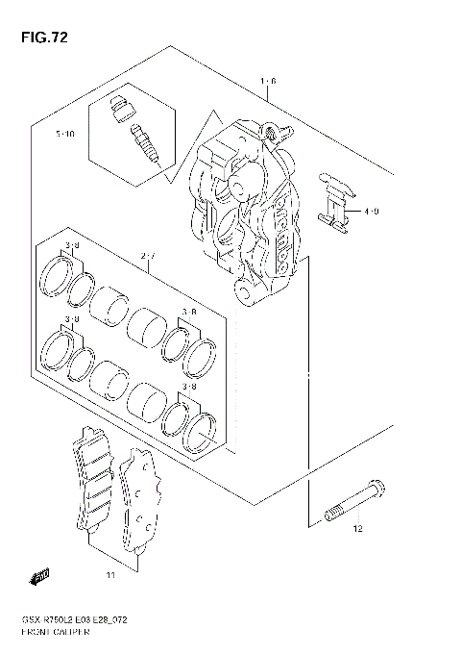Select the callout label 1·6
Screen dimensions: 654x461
coord(268,82)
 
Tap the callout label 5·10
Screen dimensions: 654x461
coord(64,135)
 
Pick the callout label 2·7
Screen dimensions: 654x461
coord(148,256)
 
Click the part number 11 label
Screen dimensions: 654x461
coord(110,576)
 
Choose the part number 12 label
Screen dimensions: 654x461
coord(356,528)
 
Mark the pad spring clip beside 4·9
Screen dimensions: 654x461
coord(332,202)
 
